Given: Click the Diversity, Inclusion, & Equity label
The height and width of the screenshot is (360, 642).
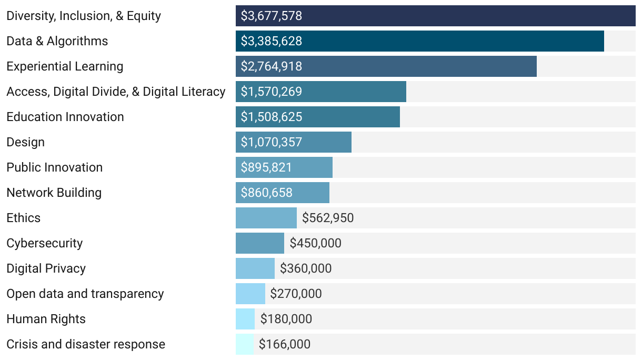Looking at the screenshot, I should click(x=84, y=16).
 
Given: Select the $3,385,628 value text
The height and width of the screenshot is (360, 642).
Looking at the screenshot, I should click(x=272, y=41).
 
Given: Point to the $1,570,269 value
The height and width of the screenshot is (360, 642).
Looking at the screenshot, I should click(x=272, y=92).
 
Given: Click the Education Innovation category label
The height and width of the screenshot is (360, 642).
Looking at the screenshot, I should click(x=65, y=117).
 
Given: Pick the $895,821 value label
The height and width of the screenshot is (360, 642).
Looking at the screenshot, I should click(x=266, y=167).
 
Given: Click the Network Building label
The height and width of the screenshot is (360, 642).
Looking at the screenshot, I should click(x=54, y=193).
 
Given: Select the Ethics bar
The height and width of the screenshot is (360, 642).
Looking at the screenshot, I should click(x=266, y=218).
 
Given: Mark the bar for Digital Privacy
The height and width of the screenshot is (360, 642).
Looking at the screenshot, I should click(x=255, y=268).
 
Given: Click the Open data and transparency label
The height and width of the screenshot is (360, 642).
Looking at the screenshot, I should click(x=85, y=294).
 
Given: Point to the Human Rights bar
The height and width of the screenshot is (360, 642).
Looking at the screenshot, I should click(x=245, y=319).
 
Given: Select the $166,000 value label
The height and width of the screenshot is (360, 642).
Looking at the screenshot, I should click(x=285, y=344).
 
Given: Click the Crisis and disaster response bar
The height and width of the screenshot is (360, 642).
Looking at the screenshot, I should click(x=245, y=344).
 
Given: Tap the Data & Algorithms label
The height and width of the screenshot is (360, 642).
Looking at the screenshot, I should click(x=57, y=41).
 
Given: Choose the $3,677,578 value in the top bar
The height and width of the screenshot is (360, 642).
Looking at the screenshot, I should click(x=272, y=16).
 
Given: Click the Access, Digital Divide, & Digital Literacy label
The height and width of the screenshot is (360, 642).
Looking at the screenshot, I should click(x=116, y=92).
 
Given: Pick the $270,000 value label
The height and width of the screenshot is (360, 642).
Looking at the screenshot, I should click(x=296, y=294).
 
